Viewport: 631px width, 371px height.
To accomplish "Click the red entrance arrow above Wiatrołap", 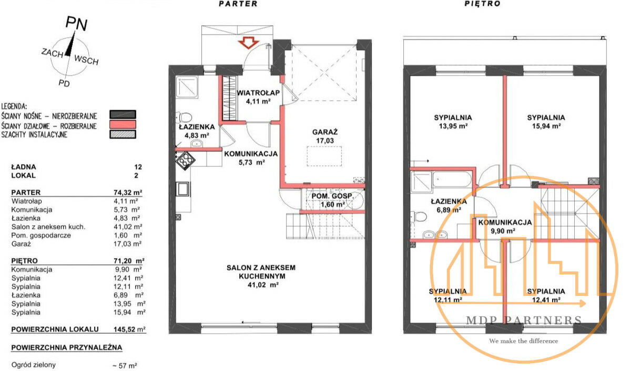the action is (248, 43).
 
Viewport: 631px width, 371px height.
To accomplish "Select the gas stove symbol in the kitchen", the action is (185, 161).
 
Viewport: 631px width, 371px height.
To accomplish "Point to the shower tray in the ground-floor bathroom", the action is (187, 87).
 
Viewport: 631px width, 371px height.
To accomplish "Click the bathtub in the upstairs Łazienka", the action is (452, 179).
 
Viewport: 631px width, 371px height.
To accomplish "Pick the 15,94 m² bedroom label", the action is (546, 122).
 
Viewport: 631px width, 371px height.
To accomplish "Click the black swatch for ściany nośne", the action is (123, 114).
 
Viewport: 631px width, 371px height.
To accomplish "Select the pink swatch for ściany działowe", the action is (123, 124).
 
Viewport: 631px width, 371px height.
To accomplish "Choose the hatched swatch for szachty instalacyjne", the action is (123, 134).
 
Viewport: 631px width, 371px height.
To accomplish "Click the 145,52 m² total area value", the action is (129, 329).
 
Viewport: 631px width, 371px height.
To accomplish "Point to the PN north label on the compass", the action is (76, 23).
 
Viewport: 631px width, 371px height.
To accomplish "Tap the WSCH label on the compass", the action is (86, 60).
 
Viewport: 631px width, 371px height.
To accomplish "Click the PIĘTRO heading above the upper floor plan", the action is (482, 4).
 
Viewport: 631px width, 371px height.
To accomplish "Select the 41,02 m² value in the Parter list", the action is (128, 227).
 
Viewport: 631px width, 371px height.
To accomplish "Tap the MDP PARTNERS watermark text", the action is (524, 320).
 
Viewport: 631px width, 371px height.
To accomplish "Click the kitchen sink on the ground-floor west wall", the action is (183, 189).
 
